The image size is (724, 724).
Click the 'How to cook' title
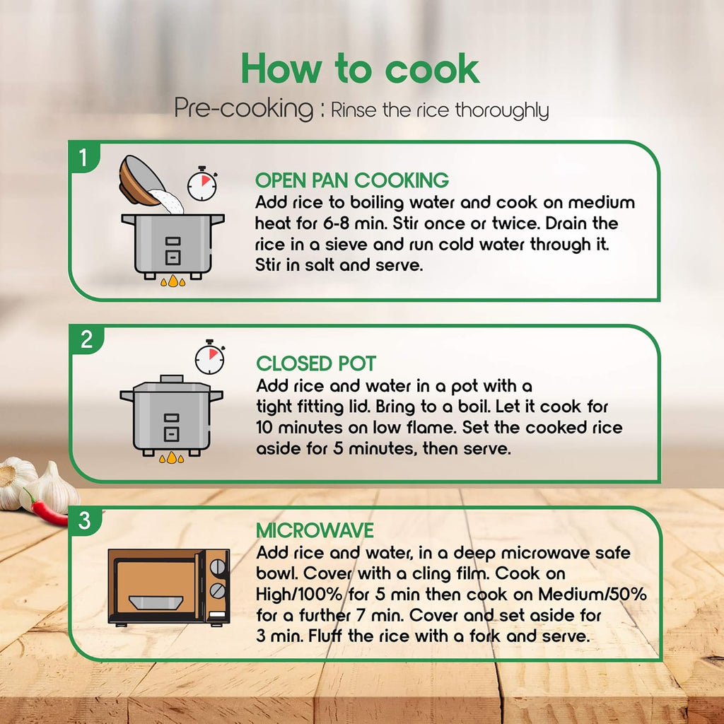coord(360,69)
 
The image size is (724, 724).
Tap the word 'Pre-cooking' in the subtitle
coord(244,109)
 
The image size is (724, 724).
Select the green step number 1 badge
coord(83,158)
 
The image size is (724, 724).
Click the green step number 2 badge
coord(87,340)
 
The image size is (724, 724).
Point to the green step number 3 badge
coord(85,520)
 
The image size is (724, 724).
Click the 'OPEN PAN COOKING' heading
coord(352,180)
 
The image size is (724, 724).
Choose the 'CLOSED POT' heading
coord(316,363)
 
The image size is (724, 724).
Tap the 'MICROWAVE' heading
coord(315,530)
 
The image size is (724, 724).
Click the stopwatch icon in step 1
coord(202,184)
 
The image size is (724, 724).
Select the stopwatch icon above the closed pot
coord(209,357)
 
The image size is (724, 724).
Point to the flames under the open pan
coord(173,281)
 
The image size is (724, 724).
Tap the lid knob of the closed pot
coord(171,379)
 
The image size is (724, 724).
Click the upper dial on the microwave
coord(218,566)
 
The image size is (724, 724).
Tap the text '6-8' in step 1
coord(336,223)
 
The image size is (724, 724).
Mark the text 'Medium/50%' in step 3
coord(592,594)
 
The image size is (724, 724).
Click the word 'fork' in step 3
coord(485,636)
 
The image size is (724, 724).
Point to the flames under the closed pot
coord(171,457)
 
